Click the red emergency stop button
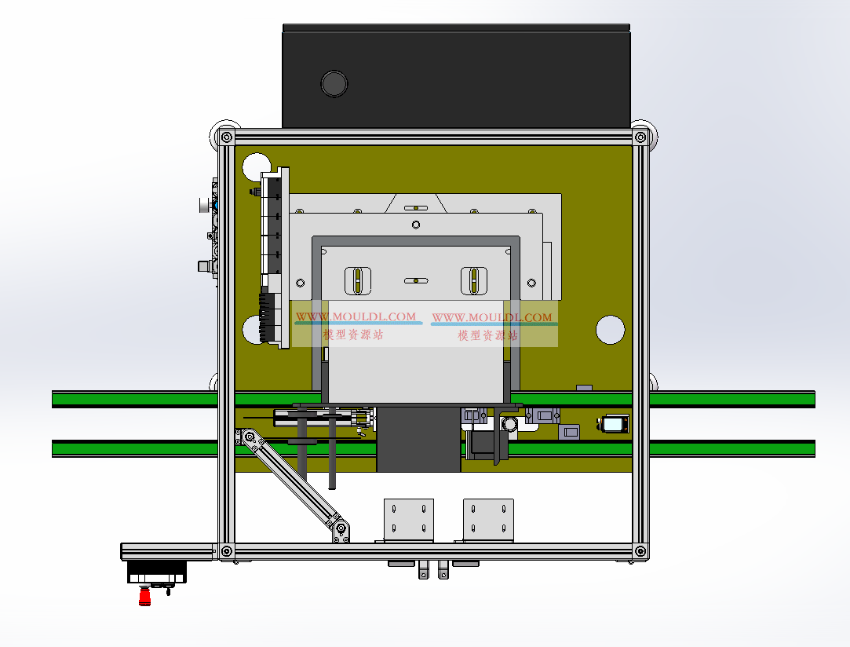[x=144, y=597]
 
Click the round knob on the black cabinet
[x=334, y=84]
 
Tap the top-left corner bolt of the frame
[x=227, y=137]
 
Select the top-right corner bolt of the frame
[x=640, y=137]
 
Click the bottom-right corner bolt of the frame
[x=640, y=551]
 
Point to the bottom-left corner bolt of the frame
[x=227, y=551]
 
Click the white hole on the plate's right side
[x=611, y=330]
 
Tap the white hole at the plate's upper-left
[x=255, y=166]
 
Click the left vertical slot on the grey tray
[x=359, y=280]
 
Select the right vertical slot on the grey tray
[x=474, y=280]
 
